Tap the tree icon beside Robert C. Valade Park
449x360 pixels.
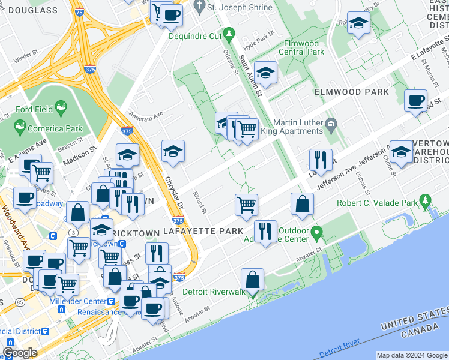click(x=426, y=199)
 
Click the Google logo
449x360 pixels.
click(x=20, y=353)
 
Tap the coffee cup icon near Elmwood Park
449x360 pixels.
click(x=415, y=100)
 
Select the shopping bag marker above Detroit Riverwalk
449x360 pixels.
click(x=253, y=279)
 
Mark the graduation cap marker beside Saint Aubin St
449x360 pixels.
click(x=265, y=72)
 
